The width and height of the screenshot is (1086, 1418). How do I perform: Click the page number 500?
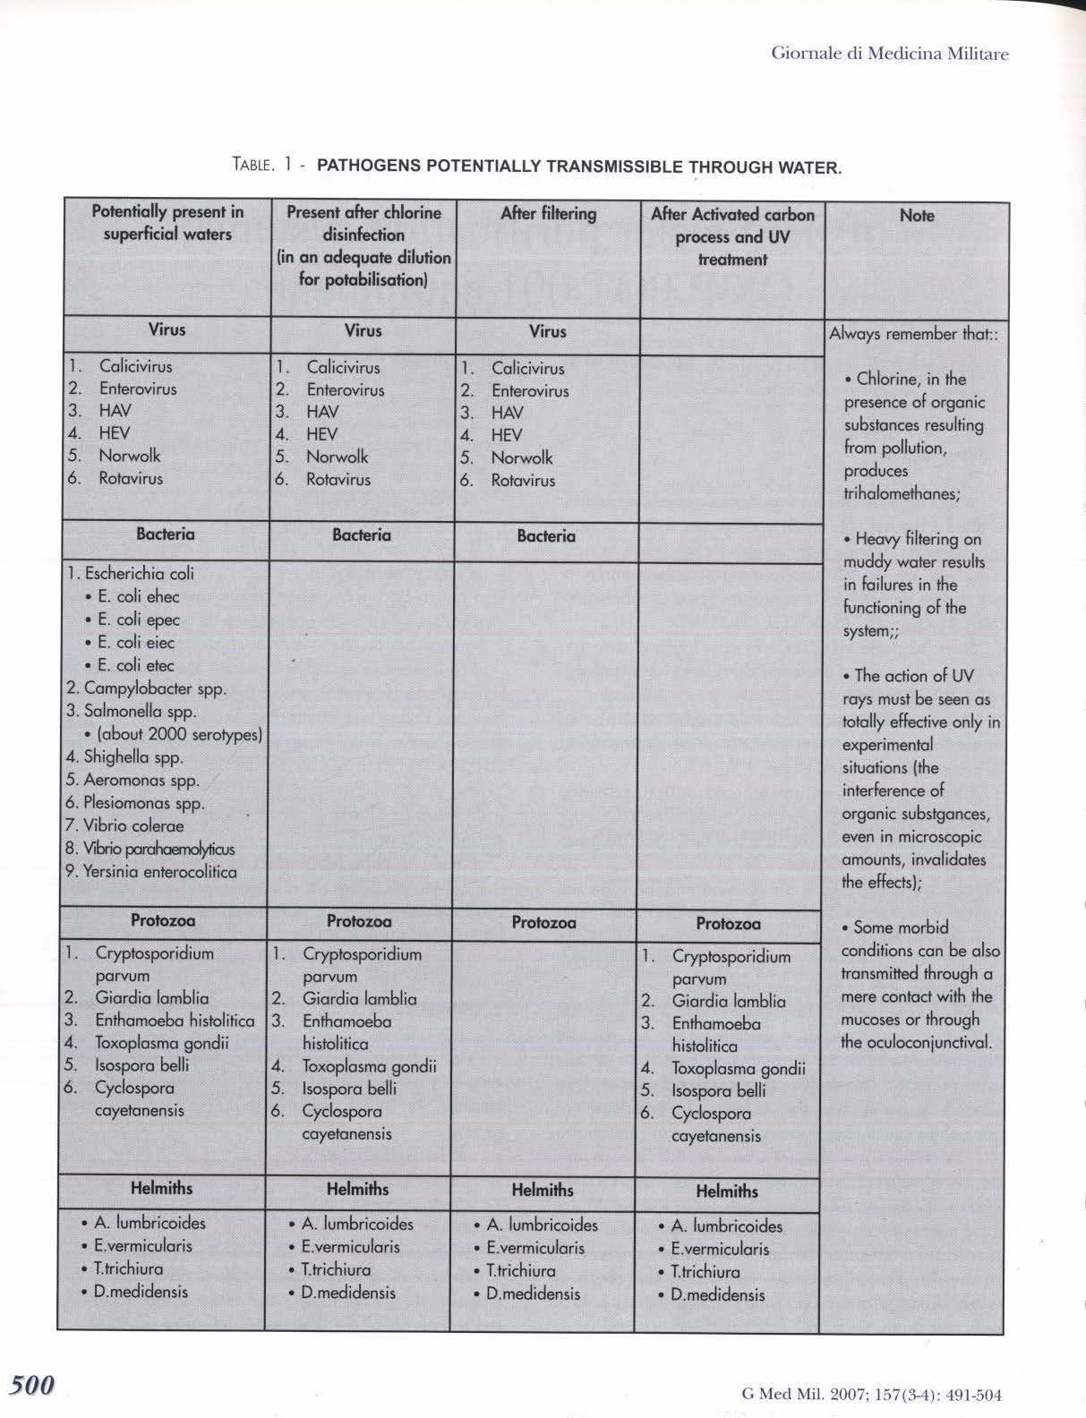(32, 1385)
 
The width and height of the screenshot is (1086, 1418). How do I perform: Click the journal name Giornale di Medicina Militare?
(889, 54)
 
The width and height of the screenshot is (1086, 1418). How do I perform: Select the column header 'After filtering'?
(548, 213)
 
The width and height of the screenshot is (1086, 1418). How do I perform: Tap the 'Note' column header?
(917, 216)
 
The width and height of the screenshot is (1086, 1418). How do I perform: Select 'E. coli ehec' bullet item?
(139, 597)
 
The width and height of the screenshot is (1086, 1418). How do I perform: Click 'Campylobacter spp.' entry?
(154, 689)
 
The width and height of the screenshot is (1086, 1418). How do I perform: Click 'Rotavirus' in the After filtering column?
(523, 481)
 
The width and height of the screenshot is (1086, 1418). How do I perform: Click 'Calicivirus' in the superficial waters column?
(135, 366)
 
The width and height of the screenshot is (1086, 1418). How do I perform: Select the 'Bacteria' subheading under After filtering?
(546, 536)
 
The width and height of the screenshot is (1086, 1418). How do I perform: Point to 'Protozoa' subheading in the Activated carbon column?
(728, 924)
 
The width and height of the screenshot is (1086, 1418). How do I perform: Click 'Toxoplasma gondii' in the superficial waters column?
(162, 1043)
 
